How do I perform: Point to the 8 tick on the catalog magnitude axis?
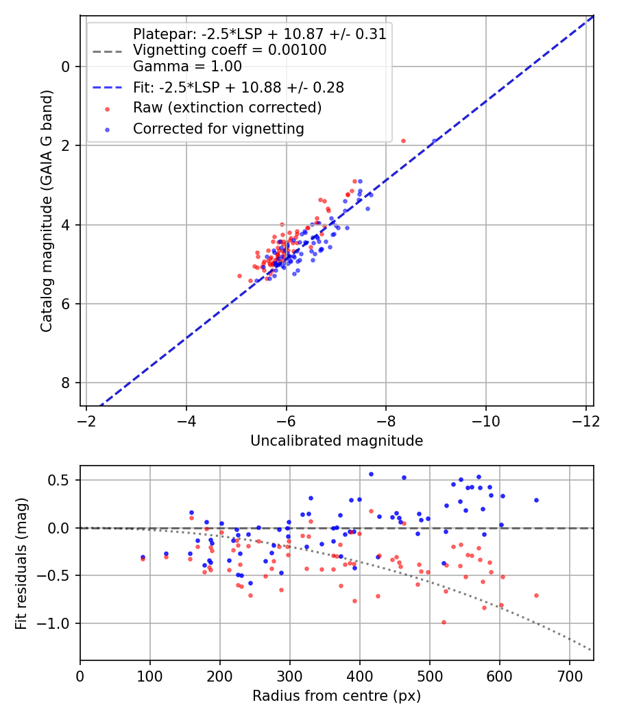click(66, 383)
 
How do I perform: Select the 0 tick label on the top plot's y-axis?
click(66, 67)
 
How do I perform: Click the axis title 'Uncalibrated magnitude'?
click(337, 440)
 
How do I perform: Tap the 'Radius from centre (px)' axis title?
click(337, 696)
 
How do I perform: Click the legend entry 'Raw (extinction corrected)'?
click(227, 108)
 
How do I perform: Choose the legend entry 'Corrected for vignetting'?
click(219, 128)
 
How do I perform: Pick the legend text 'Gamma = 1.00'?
click(187, 67)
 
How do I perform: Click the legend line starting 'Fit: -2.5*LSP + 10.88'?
click(239, 87)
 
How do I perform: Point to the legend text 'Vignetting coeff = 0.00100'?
click(230, 50)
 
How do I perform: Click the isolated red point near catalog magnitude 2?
click(403, 141)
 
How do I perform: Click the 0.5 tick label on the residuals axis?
click(62, 480)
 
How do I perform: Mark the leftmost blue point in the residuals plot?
click(143, 557)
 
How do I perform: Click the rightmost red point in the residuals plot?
click(536, 595)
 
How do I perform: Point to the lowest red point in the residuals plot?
click(444, 622)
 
